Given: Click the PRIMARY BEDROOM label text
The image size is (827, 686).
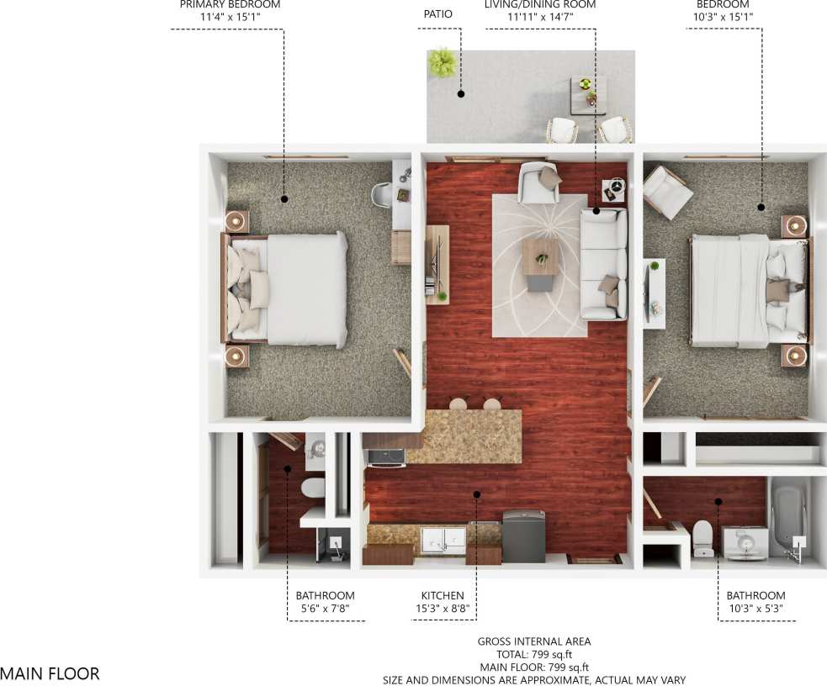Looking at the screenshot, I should point(230,5).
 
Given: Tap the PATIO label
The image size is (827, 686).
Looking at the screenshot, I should point(437,14).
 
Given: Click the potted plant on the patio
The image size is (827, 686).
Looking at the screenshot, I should point(442,62).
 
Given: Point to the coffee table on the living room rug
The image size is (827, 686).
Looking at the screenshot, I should point(540,256).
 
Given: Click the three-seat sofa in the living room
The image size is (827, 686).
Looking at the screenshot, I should point(603,263).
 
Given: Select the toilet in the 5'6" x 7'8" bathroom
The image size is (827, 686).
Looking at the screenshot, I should point(313,488).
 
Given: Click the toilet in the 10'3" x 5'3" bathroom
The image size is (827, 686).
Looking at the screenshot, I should point(702,538).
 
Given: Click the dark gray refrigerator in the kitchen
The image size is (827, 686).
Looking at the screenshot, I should point(523,536).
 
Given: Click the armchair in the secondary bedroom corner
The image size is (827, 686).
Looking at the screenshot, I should point(667,192).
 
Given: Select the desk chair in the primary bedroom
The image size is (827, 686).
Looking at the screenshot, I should point(383,195).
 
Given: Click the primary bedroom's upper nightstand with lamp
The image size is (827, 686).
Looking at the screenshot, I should point(236,221).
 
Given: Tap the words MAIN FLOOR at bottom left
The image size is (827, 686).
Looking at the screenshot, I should point(50,673).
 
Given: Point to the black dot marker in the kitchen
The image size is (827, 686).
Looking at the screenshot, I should point(477,494).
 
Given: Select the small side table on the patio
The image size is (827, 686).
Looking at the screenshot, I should point(588,93).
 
